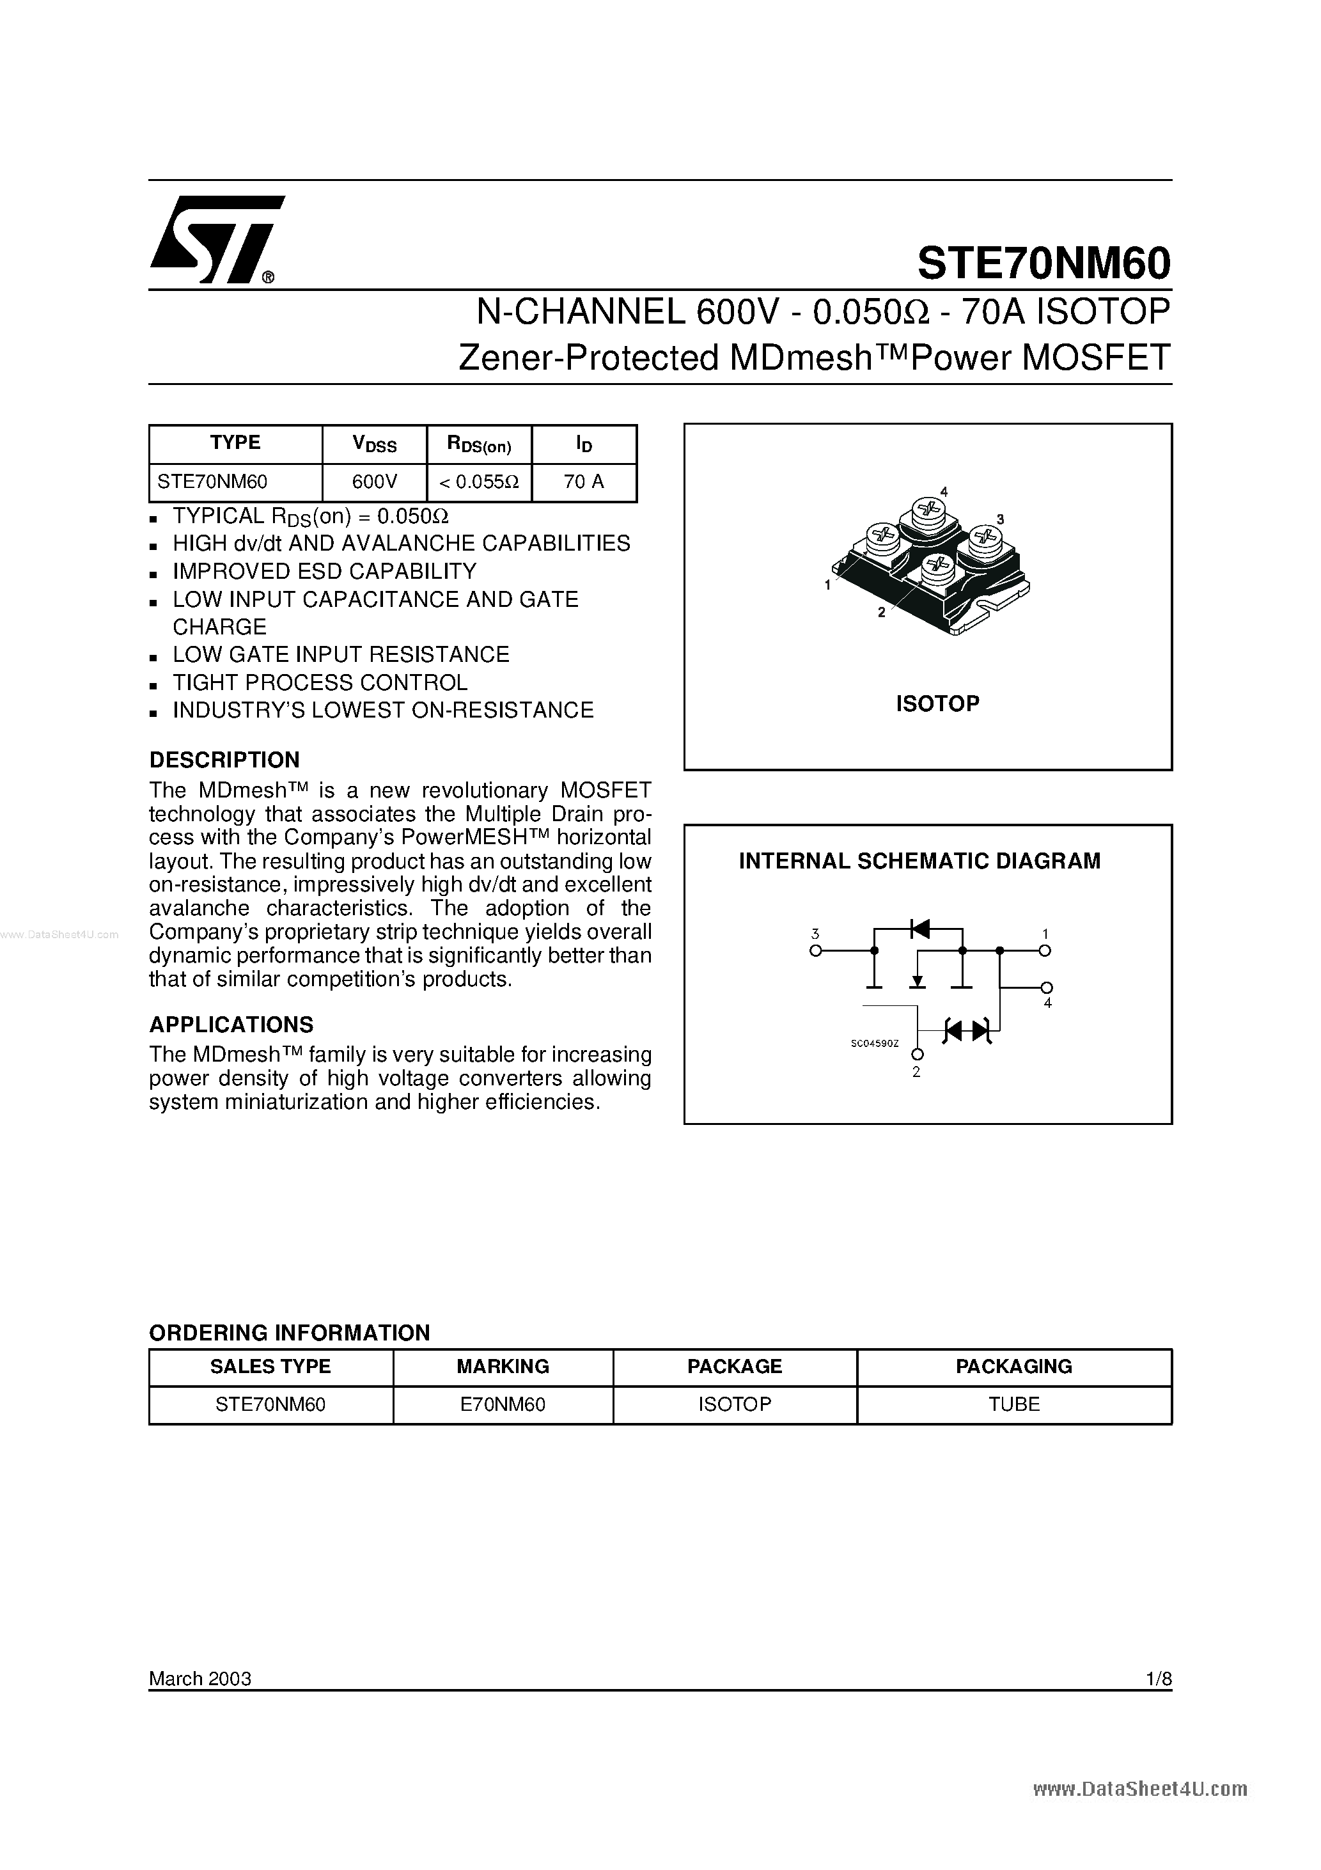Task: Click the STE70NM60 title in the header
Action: coord(1044,263)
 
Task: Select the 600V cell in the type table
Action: coord(375,482)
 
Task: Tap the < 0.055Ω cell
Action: coord(479,482)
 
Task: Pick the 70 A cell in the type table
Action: coord(583,482)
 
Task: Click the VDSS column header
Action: coord(375,444)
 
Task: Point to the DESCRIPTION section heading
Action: coord(224,760)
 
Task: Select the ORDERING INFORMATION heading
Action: coord(289,1333)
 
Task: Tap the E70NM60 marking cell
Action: coord(503,1405)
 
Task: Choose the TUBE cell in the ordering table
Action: coord(1014,1405)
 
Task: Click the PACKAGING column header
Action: coord(1014,1367)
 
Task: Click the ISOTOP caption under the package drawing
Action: coord(937,703)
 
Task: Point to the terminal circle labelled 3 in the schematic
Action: coord(815,950)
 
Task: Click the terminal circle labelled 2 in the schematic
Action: coord(919,1054)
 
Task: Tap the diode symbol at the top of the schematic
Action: coord(919,929)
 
